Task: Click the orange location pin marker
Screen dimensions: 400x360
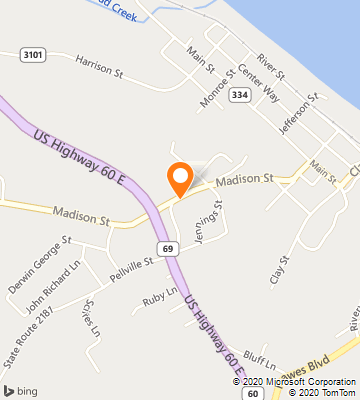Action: coord(180,178)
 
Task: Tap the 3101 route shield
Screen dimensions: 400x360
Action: coord(31,55)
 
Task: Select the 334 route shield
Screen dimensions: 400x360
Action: coord(238,94)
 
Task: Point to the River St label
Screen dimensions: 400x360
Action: coord(271,68)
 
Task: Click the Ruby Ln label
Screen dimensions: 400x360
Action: coord(159,296)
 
